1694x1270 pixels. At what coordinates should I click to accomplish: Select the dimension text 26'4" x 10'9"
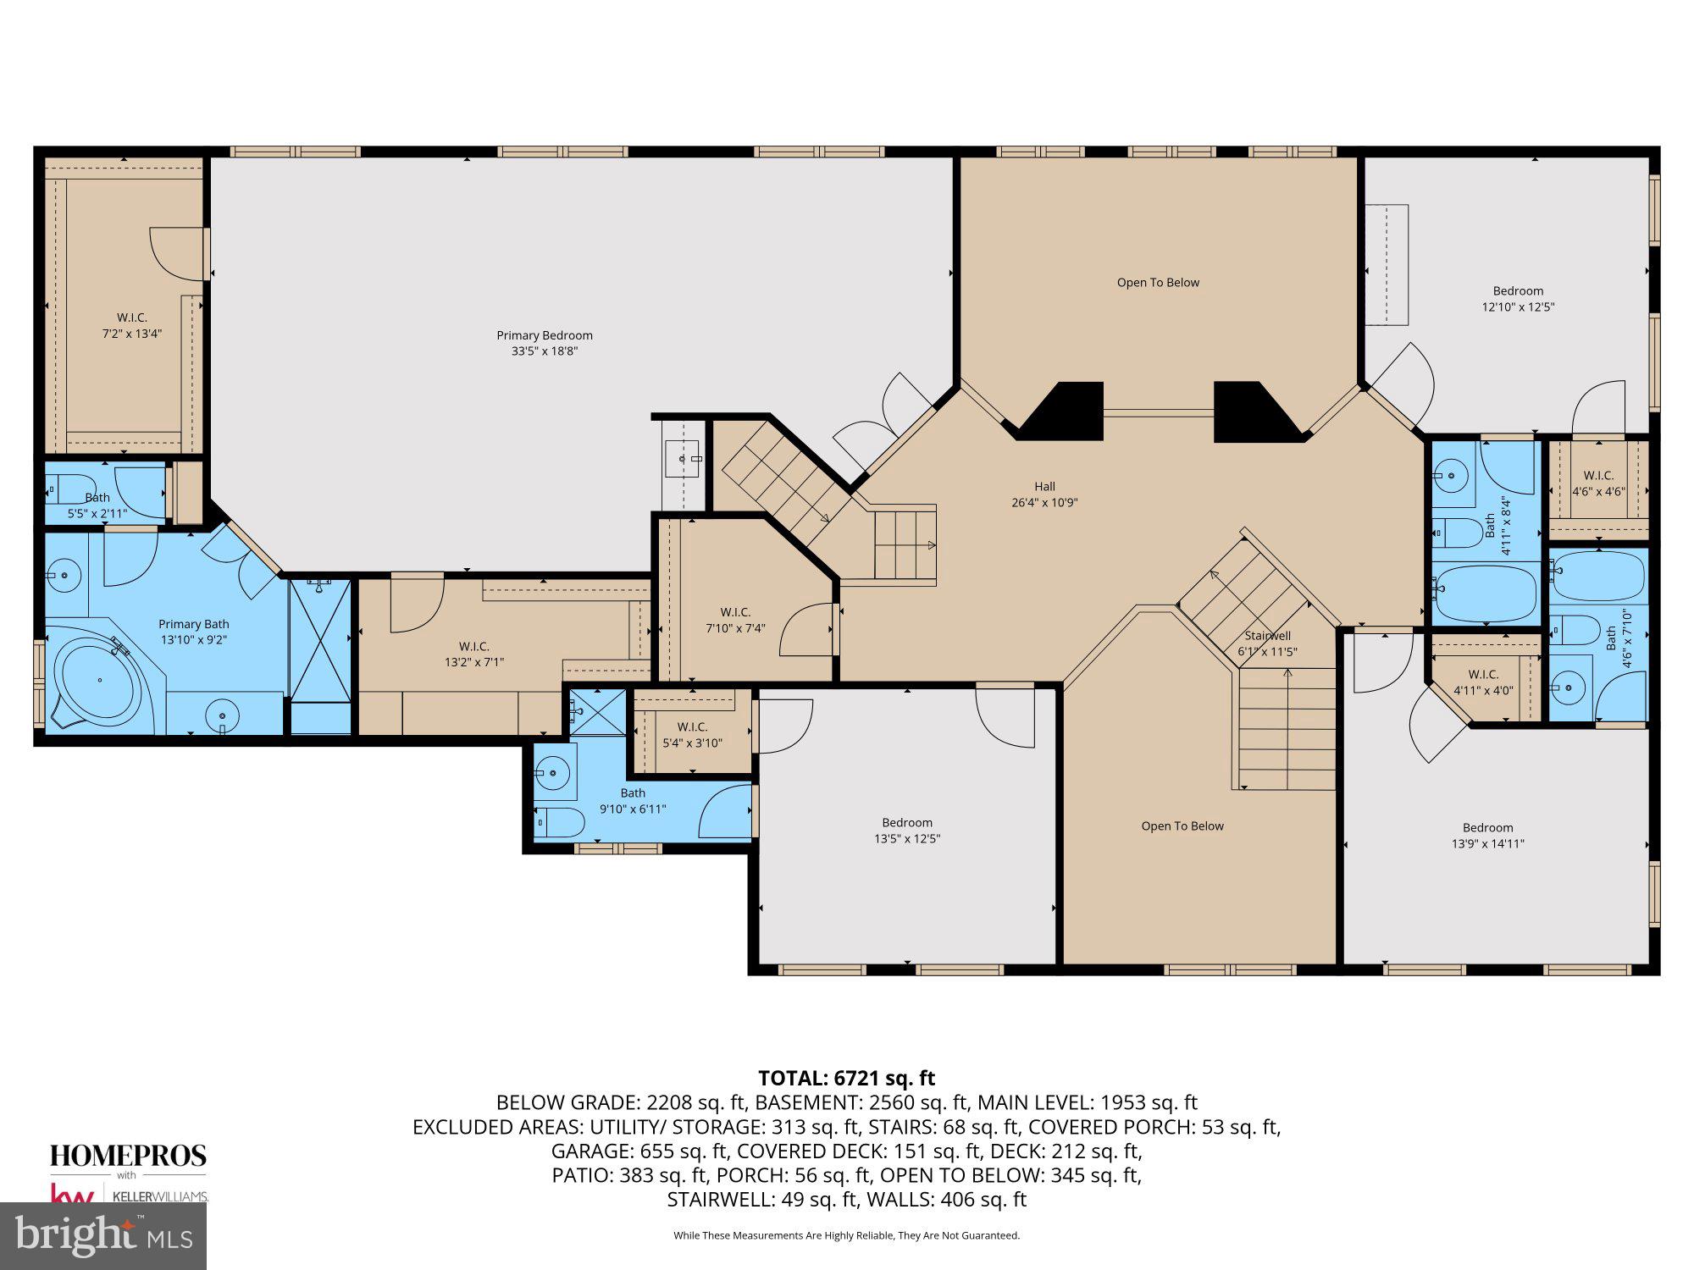click(1044, 502)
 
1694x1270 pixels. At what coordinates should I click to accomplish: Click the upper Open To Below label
click(1158, 283)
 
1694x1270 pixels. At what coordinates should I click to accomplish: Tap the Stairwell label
click(1267, 636)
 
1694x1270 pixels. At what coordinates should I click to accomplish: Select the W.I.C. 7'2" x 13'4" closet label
click(131, 325)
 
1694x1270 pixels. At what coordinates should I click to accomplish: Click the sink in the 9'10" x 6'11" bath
click(555, 772)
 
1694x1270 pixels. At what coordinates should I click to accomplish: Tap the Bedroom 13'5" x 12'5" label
click(907, 831)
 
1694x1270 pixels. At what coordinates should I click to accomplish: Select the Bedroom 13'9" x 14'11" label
click(1487, 836)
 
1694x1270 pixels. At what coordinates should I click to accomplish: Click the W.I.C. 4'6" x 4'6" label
click(1598, 483)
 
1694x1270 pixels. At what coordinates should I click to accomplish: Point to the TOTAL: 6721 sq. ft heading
click(846, 1078)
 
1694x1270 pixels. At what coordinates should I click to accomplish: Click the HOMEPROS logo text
click(128, 1156)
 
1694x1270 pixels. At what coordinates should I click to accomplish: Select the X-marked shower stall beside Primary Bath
click(320, 640)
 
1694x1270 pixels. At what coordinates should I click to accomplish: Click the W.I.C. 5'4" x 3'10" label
click(692, 735)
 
